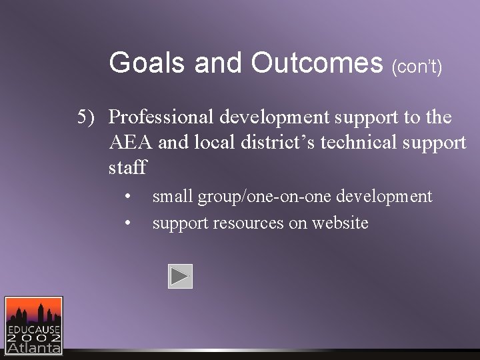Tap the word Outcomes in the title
(317, 63)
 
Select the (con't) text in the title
(417, 67)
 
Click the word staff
(127, 167)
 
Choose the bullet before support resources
(128, 223)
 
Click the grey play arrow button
(180, 276)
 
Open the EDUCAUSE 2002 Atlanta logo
(34, 325)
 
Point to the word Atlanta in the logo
(34, 347)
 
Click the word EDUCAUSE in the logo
(34, 329)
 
